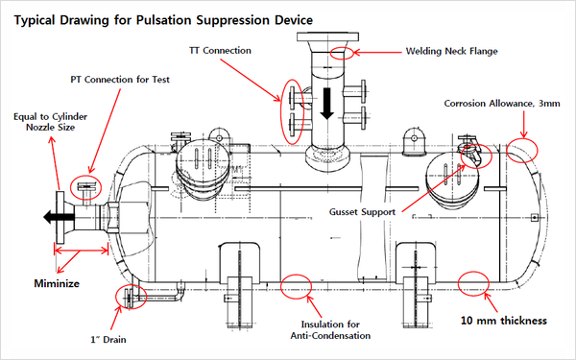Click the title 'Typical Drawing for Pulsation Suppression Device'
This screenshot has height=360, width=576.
(163, 20)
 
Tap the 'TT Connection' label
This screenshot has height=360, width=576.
(220, 51)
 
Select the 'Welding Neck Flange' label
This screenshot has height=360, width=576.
(451, 51)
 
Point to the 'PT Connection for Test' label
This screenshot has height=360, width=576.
(120, 80)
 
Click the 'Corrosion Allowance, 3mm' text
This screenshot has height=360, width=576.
(502, 104)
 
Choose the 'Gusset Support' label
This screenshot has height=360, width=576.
(362, 212)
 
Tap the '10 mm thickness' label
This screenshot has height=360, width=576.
(504, 321)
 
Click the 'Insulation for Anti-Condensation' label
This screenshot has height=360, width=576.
(330, 330)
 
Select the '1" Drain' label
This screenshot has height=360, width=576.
(108, 340)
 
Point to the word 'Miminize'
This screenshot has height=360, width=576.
(57, 283)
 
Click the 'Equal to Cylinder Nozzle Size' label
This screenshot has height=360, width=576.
(50, 122)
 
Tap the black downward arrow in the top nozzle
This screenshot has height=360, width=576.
(326, 104)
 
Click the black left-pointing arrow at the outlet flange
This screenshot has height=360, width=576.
(59, 217)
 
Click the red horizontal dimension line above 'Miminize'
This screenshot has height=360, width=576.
(82, 251)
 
